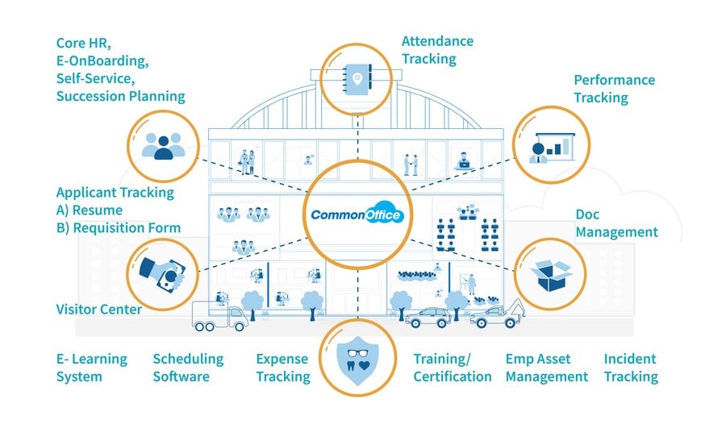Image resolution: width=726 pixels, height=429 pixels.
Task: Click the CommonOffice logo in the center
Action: click(357, 214)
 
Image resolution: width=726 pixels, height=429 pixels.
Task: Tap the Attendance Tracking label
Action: click(437, 50)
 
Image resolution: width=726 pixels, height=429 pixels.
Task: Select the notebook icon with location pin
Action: click(357, 79)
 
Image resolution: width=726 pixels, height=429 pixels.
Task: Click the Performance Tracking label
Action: click(614, 89)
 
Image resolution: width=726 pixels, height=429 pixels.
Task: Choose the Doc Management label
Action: click(616, 223)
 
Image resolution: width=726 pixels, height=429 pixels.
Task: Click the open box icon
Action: click(551, 276)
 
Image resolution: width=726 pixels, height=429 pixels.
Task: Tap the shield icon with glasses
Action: click(357, 360)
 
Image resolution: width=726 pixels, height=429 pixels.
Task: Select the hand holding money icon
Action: click(162, 275)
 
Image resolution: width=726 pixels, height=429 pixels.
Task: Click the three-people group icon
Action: click(163, 146)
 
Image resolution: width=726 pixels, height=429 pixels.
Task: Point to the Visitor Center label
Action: click(98, 309)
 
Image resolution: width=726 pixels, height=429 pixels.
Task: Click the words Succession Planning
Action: click(120, 96)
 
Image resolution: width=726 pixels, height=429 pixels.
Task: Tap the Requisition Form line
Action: click(118, 227)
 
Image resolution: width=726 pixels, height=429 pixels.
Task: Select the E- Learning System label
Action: click(91, 368)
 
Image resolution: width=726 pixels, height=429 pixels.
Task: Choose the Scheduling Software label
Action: click(188, 368)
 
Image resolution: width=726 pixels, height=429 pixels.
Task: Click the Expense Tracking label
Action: click(283, 368)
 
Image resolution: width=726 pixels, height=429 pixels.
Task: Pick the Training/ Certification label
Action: click(453, 368)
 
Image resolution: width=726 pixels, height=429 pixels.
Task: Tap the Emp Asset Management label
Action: click(546, 368)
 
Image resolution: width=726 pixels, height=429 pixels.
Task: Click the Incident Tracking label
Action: click(631, 368)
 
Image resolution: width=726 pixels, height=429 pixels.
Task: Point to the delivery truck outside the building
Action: click(220, 316)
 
